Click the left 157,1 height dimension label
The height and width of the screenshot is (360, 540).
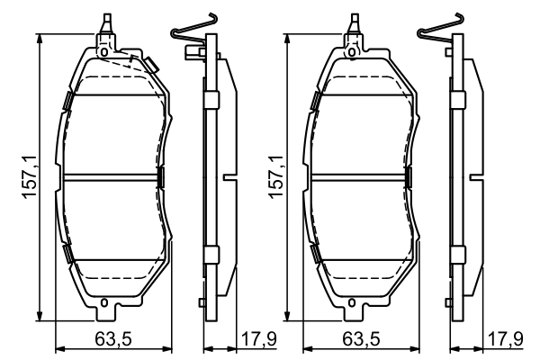pyautogui.click(x=29, y=177)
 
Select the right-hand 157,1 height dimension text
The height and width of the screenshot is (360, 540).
pyautogui.click(x=275, y=177)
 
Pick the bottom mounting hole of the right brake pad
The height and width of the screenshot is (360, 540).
pyautogui.click(x=351, y=301)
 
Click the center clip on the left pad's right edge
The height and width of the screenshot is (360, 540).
pyautogui.click(x=161, y=176)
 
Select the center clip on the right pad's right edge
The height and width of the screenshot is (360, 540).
pyautogui.click(x=408, y=176)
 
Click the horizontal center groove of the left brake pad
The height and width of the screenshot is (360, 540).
pyautogui.click(x=112, y=176)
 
